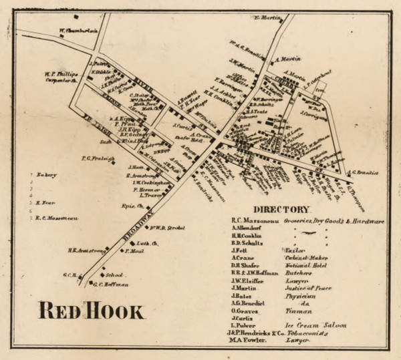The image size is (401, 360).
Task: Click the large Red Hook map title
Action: [91, 311]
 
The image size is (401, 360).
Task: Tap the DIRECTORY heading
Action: [281, 209]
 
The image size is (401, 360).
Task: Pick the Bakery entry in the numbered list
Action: [47, 175]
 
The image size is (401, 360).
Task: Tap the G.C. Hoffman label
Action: [110, 285]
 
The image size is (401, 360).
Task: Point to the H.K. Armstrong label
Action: [87, 251]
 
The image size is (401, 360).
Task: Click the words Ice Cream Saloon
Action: [319, 325]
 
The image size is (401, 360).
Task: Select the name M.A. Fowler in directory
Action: [251, 341]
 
